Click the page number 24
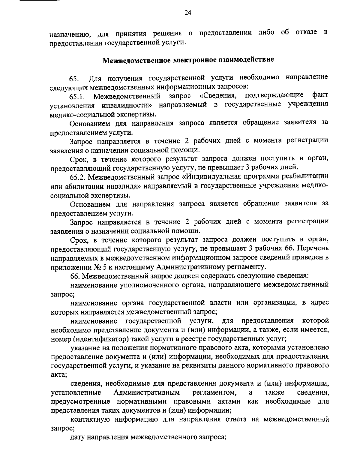click(179, 13)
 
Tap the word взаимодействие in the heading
click(250, 59)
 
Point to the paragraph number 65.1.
click(78, 97)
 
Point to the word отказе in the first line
click(306, 32)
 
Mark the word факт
click(320, 95)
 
